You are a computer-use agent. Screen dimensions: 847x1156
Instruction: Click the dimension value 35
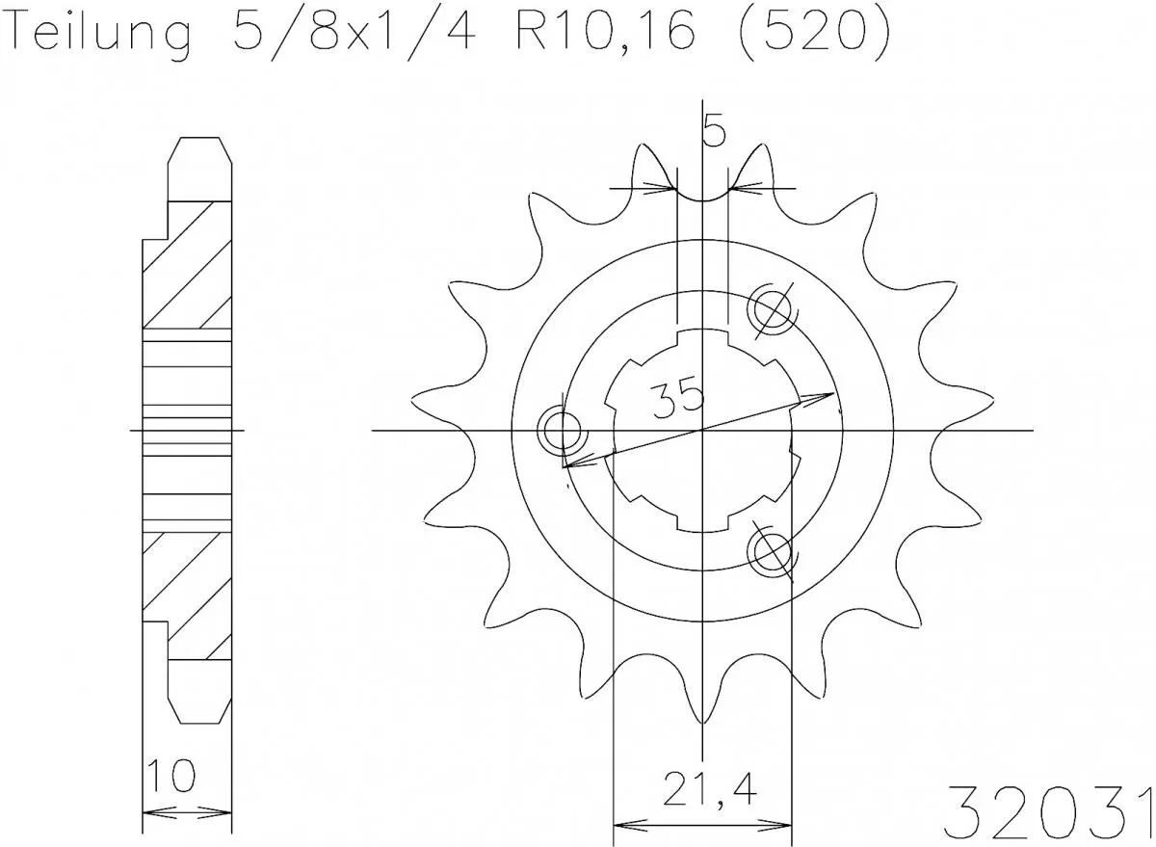pos(675,397)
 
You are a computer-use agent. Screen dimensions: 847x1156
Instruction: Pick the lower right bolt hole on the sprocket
pos(773,551)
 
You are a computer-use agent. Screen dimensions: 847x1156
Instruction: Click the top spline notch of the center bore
pos(702,338)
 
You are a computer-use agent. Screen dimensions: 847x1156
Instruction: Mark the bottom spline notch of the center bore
pos(702,522)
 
